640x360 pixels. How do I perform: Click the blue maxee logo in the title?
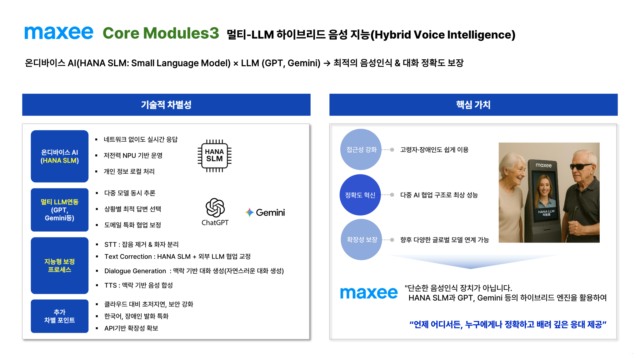click(x=59, y=33)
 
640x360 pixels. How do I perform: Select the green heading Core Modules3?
click(x=161, y=33)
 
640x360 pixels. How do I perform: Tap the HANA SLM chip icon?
click(x=214, y=156)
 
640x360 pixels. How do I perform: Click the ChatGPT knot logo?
click(x=215, y=207)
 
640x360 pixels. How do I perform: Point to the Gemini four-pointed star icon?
click(x=249, y=212)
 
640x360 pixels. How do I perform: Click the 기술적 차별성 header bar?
click(x=166, y=105)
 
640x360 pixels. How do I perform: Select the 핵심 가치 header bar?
click(x=473, y=105)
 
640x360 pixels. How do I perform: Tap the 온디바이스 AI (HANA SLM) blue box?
click(x=60, y=156)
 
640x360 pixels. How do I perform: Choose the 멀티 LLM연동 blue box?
click(x=60, y=210)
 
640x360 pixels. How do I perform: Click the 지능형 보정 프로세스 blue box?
click(x=60, y=265)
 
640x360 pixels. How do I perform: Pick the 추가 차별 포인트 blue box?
click(x=60, y=316)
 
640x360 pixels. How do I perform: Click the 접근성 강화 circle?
click(x=361, y=149)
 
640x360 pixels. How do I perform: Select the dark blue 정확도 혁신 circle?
click(x=360, y=195)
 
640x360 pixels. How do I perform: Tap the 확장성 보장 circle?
click(x=362, y=239)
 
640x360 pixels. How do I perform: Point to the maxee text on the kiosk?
click(x=544, y=165)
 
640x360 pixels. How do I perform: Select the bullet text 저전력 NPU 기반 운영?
click(x=133, y=155)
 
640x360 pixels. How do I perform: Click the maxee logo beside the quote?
click(x=369, y=293)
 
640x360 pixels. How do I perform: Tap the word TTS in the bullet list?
click(x=111, y=285)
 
